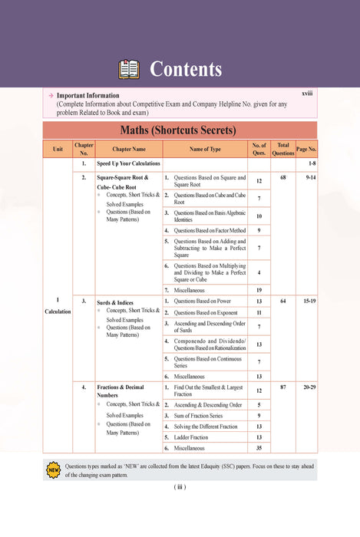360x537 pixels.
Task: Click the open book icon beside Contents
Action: click(x=128, y=70)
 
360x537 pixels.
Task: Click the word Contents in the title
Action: click(x=186, y=70)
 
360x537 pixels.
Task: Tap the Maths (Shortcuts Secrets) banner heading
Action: click(x=180, y=129)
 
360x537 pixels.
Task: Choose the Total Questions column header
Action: click(x=283, y=149)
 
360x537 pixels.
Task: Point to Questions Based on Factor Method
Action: click(x=207, y=230)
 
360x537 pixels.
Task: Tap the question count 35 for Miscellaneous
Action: click(x=259, y=448)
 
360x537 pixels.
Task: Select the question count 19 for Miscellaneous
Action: click(x=259, y=290)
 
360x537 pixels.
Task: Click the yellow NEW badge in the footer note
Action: click(x=53, y=469)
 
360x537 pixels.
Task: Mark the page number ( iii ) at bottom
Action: click(x=180, y=486)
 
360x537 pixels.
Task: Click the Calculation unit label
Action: click(x=58, y=311)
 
